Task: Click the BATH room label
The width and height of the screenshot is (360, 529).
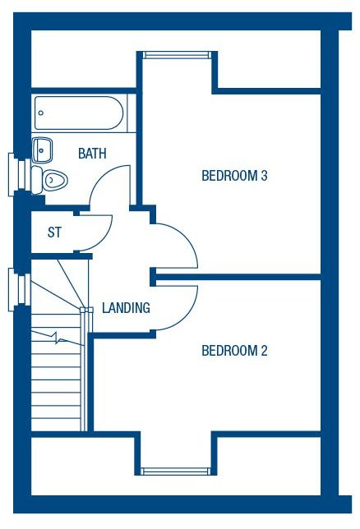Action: [92, 154]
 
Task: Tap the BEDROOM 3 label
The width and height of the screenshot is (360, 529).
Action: [234, 176]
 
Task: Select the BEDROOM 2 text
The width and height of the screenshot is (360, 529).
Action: [234, 351]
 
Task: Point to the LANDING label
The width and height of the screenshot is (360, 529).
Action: [126, 308]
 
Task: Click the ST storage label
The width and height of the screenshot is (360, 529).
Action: [54, 232]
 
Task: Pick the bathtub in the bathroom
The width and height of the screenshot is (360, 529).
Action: [79, 113]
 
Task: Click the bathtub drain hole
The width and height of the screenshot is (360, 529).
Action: [41, 113]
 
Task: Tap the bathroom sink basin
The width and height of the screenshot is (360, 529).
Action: [42, 150]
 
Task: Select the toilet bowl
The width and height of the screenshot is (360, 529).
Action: [55, 180]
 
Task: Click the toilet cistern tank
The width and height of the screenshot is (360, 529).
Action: [36, 180]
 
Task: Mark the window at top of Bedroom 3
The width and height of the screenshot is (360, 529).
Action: [176, 55]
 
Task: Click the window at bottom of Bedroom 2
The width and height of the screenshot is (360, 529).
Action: [176, 471]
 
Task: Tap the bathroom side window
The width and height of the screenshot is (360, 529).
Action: [20, 174]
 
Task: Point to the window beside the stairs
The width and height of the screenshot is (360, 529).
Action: [20, 289]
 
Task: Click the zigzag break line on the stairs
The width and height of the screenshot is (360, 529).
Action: [58, 338]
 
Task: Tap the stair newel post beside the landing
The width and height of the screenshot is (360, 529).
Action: [86, 310]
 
